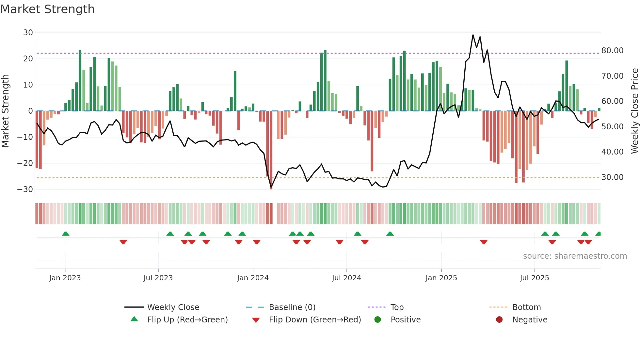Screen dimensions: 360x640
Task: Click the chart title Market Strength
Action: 47,9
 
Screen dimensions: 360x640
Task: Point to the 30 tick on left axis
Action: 28,33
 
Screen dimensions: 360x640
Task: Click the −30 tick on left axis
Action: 25,189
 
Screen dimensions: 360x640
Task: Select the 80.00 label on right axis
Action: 612,51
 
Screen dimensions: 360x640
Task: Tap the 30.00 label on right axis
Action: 612,177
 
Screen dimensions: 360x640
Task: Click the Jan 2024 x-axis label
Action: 253,278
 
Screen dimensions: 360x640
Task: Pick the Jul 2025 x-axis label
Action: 534,278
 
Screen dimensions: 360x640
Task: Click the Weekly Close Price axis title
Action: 634,111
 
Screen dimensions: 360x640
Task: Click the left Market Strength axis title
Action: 5,111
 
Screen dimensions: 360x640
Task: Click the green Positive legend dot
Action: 378,320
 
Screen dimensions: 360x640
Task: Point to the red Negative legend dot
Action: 499,320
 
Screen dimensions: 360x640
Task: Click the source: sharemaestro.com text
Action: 575,256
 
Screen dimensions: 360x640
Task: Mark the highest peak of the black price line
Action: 473,35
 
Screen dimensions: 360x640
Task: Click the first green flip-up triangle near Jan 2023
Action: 66,234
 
